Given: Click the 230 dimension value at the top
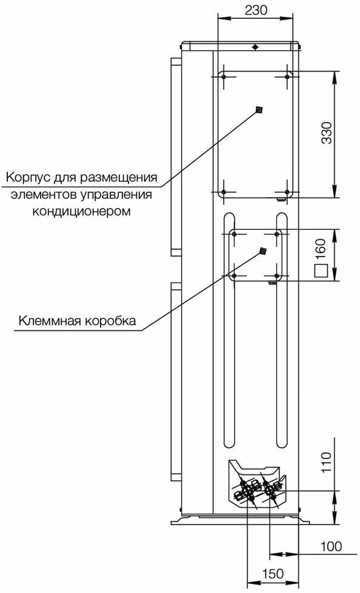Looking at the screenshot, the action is pyautogui.click(x=256, y=10).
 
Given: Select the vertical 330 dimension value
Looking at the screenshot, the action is pyautogui.click(x=326, y=133).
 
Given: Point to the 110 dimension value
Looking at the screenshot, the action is pyautogui.click(x=326, y=462).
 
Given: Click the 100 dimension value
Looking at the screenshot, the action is pyautogui.click(x=332, y=546).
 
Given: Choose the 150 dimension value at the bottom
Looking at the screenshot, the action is pyautogui.click(x=272, y=574).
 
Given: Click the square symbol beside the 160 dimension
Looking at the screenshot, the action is pyautogui.click(x=321, y=271).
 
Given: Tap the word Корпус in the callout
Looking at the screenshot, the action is pyautogui.click(x=28, y=178).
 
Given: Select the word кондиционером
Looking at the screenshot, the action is pyautogui.click(x=81, y=211).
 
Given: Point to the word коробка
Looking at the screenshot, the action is pyautogui.click(x=110, y=321).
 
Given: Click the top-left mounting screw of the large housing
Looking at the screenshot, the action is pyautogui.click(x=224, y=77).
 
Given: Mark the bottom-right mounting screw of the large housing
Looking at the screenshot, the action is pyautogui.click(x=287, y=192).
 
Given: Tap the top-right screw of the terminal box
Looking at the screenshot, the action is pyautogui.click(x=277, y=235).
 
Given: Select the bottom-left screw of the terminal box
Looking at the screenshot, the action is pyautogui.click(x=235, y=275).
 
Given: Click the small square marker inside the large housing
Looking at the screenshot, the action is pyautogui.click(x=259, y=110).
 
